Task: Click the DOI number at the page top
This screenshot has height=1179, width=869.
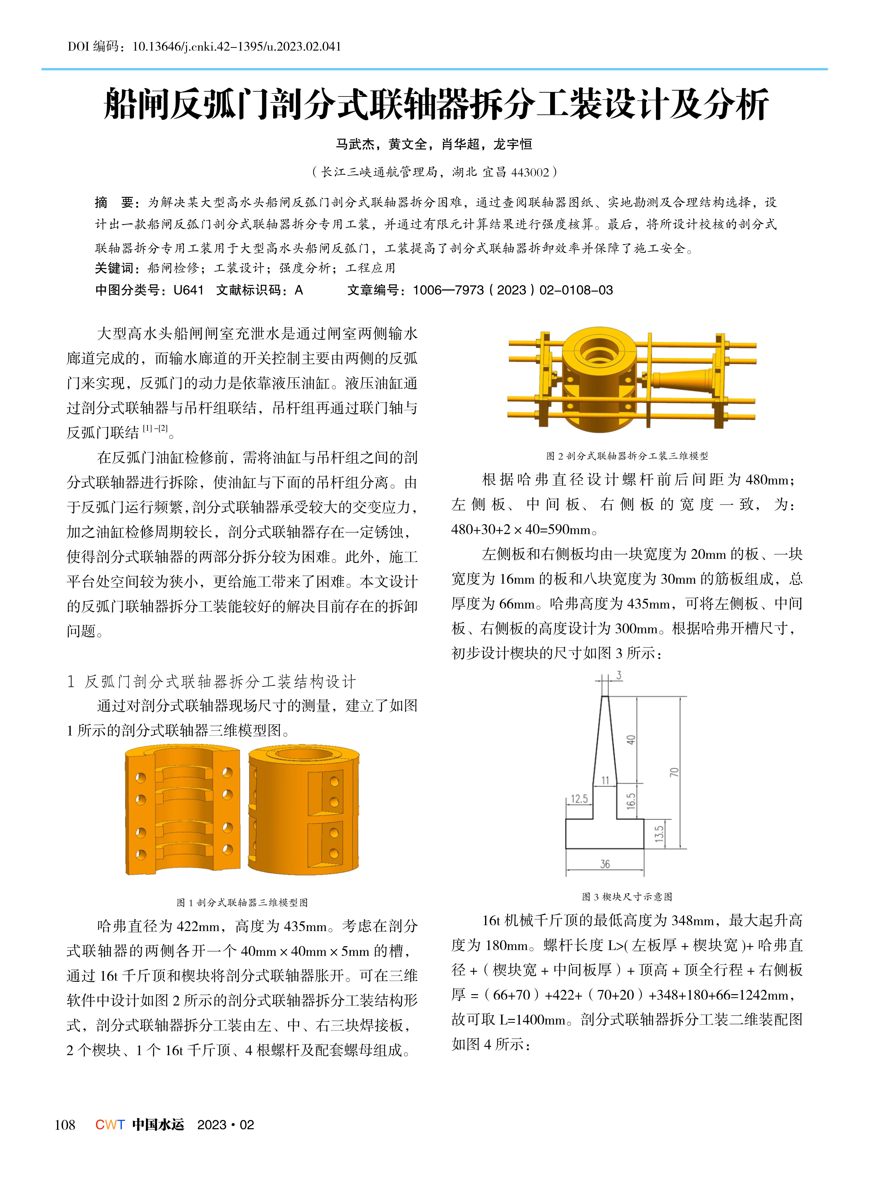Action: [x=237, y=47]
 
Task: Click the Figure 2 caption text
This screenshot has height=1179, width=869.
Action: [x=627, y=456]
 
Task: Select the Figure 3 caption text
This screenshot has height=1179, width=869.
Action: [x=627, y=897]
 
